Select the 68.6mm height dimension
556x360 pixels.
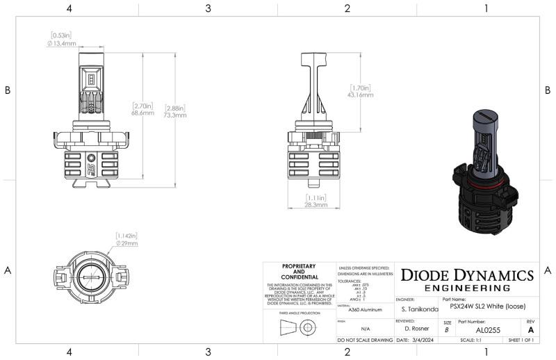[x=142, y=112]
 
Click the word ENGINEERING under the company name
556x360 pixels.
[x=467, y=288]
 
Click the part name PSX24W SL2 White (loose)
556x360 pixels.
[x=486, y=306]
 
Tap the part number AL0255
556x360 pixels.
[x=488, y=329]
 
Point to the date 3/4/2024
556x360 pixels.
[x=416, y=341]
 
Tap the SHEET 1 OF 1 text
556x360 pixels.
[x=519, y=341]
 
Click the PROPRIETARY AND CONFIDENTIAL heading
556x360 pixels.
[x=299, y=270]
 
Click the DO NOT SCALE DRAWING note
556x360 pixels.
[x=364, y=341]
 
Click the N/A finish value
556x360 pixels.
[x=365, y=328]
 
